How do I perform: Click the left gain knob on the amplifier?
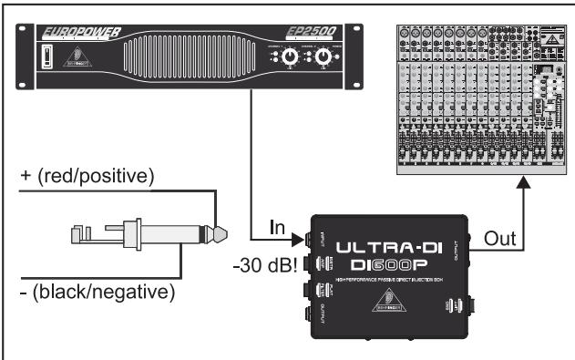point(290,58)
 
